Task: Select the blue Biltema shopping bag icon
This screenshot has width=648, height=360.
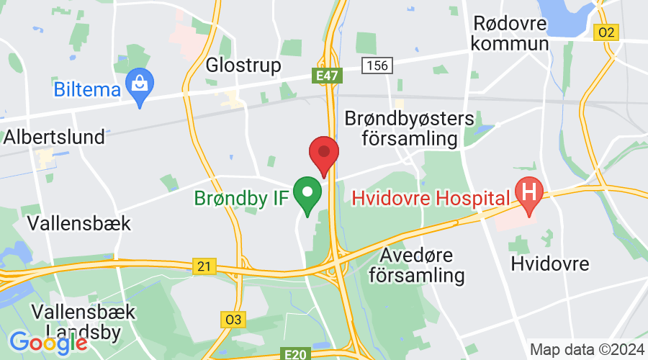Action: (138, 86)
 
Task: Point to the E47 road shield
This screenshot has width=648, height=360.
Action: (327, 74)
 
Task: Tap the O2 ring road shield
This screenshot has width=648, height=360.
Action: (607, 32)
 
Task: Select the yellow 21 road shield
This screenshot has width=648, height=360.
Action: (205, 267)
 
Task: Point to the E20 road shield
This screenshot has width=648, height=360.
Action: (296, 354)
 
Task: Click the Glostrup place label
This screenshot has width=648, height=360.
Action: (243, 66)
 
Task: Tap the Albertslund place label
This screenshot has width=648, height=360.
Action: (54, 137)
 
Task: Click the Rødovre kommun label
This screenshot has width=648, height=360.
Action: (509, 33)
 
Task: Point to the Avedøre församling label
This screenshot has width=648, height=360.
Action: (423, 265)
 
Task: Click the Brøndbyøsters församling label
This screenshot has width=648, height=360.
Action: (410, 127)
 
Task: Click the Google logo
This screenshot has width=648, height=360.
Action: (49, 343)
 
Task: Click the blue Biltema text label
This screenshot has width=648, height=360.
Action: (87, 89)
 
